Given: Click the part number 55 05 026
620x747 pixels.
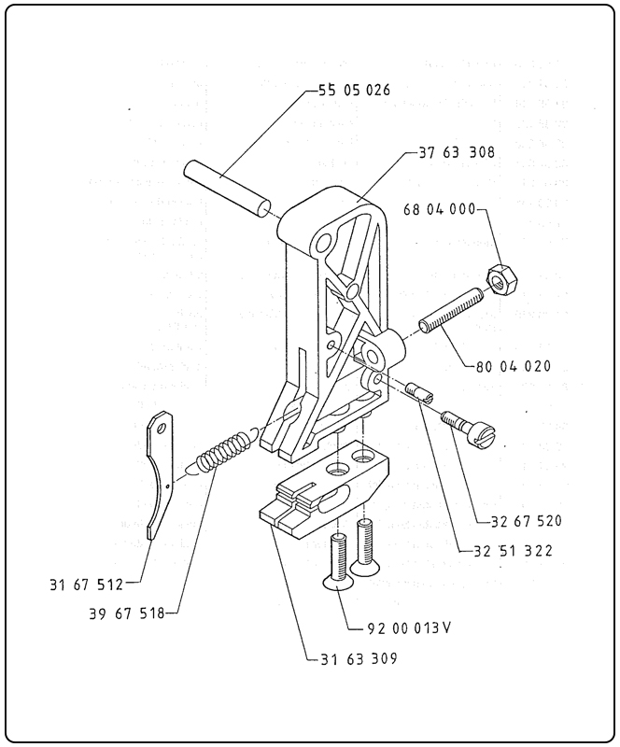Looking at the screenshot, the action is (354, 90).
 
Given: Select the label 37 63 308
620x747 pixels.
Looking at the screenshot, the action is (457, 152).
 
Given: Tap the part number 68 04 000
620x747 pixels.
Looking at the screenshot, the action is (440, 209).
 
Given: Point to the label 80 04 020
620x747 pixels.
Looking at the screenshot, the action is (514, 366).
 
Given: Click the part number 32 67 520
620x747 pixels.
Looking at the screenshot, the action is (527, 521).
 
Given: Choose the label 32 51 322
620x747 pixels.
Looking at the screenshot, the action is (514, 551).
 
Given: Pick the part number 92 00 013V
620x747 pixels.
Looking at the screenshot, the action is (409, 628).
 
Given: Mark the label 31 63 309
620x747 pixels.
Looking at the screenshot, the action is (359, 658).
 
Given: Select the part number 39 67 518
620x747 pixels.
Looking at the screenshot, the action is (126, 613).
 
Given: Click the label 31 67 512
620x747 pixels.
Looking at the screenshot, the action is (86, 585).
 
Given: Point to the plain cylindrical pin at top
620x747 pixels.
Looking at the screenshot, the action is (228, 190).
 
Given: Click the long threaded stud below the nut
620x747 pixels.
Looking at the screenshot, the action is (451, 310).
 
